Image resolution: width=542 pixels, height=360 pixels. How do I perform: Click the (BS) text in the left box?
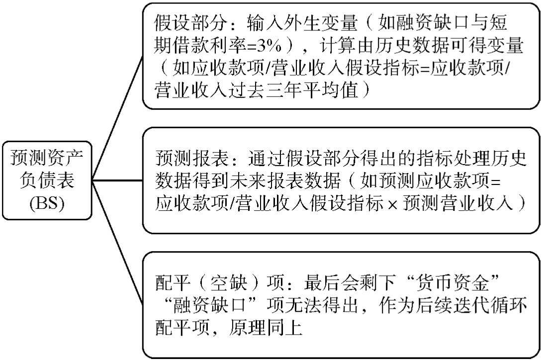tap(47, 203)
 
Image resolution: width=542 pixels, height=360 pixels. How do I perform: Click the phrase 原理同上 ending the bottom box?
tap(266, 327)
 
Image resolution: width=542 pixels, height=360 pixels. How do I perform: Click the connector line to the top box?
tap(117, 117)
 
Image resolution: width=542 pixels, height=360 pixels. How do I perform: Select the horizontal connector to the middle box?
tap(117, 180)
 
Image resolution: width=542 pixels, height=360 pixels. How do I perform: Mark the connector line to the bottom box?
tap(117, 243)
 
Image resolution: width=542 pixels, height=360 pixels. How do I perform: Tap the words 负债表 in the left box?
tap(47, 181)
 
